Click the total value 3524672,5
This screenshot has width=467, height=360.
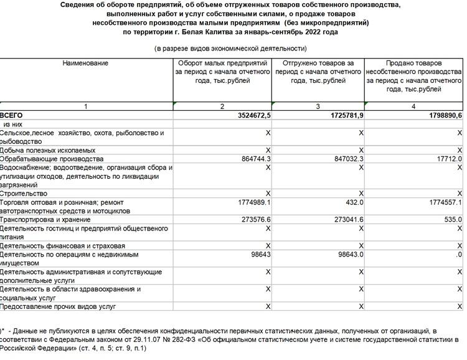pos(247,116)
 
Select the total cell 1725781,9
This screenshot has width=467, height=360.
pos(340,116)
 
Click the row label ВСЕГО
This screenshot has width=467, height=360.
pos(12,116)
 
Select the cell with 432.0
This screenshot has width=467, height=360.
pos(353,202)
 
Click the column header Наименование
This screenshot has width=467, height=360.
pos(85,64)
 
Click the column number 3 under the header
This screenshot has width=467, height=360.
pos(318,107)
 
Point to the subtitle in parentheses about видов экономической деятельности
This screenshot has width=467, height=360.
pos(230,49)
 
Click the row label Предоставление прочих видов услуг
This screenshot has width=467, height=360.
pos(58,306)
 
